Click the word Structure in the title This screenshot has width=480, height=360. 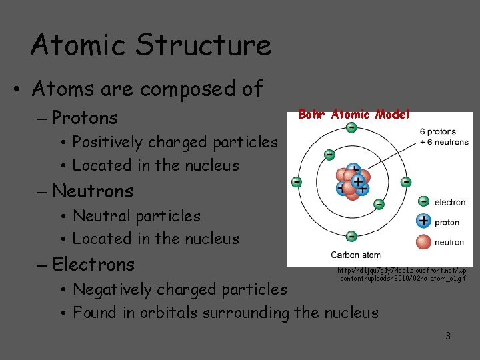[x=203, y=45]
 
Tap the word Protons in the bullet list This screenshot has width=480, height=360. [x=85, y=118]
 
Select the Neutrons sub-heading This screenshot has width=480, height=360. [x=93, y=191]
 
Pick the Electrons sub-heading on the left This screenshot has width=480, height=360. [x=93, y=265]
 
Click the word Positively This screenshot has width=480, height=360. [x=107, y=142]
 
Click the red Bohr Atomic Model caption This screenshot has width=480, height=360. [x=353, y=115]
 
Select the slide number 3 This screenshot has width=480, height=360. [x=448, y=336]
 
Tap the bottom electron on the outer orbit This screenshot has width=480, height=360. [x=351, y=235]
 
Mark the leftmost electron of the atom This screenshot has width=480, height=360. [x=297, y=181]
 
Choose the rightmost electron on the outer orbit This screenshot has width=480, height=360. [x=405, y=181]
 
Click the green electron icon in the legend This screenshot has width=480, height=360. [x=423, y=201]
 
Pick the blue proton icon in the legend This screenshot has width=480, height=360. [x=423, y=221]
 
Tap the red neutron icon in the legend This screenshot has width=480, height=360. [x=423, y=241]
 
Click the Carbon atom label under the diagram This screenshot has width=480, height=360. [x=355, y=255]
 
